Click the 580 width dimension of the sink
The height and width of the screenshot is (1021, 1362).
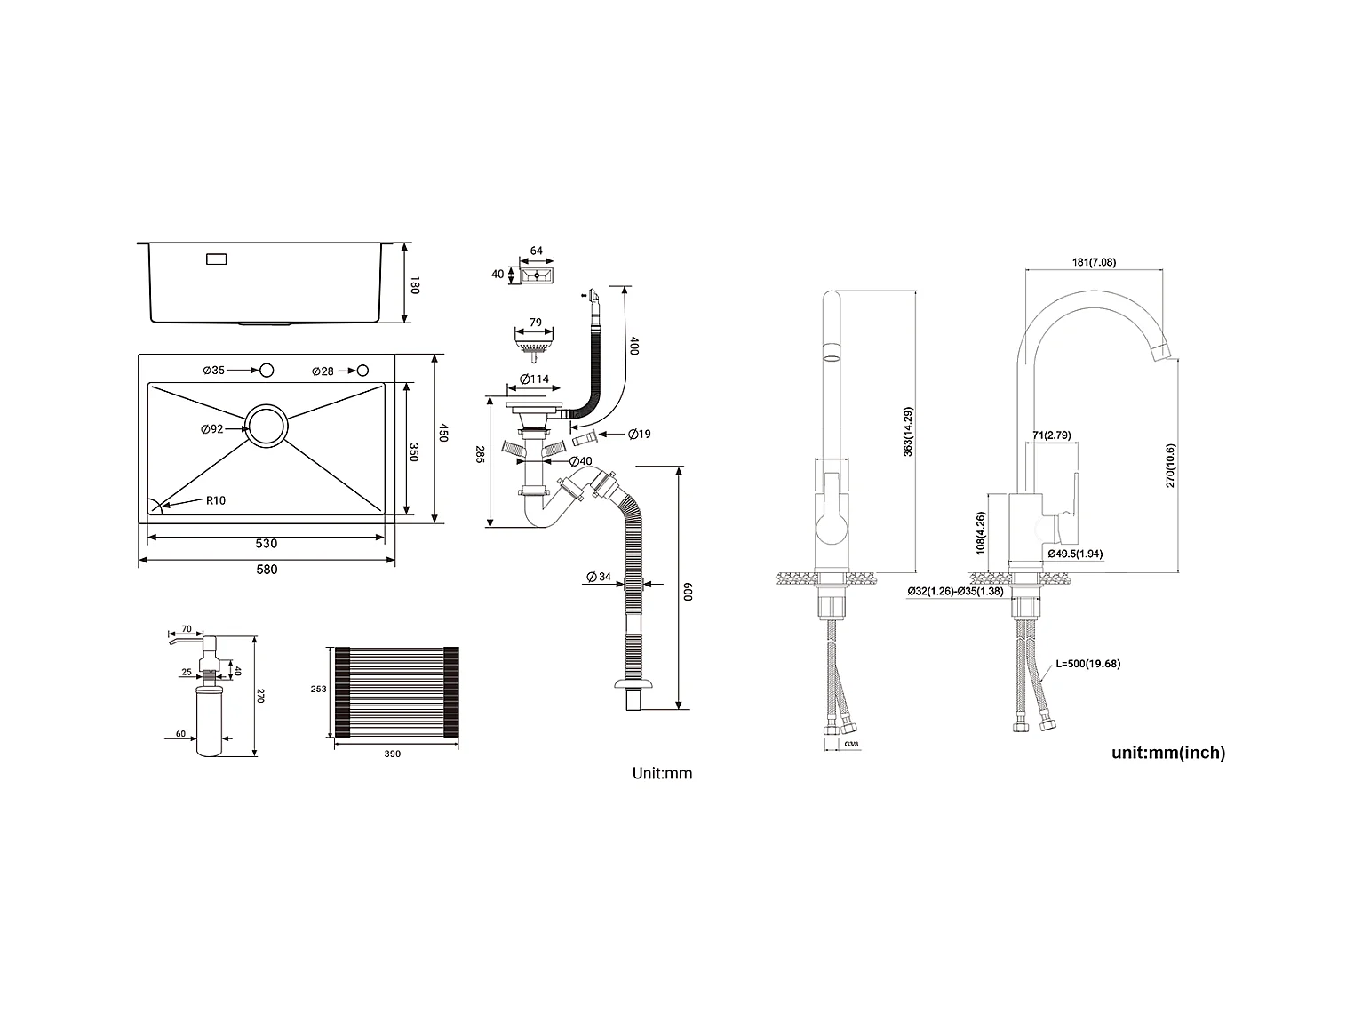point(267,570)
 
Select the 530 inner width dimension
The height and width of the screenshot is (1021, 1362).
point(267,544)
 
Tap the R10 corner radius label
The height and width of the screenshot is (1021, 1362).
point(216,500)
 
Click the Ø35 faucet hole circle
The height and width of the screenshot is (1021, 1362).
point(267,371)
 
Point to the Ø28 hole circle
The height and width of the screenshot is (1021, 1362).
point(363,371)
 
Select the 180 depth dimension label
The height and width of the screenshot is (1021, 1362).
point(415,285)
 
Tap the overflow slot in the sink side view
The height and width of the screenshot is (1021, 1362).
point(216,259)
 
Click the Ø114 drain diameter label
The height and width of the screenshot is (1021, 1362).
point(534,379)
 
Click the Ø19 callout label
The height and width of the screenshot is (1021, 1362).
point(639,434)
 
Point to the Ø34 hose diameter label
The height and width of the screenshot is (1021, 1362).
point(599,577)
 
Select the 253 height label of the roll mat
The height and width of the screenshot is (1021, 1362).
point(318,689)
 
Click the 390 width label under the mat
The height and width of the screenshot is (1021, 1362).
point(392,754)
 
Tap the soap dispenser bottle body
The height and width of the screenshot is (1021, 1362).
point(209,721)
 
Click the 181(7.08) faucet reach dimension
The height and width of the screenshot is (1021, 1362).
point(1094,262)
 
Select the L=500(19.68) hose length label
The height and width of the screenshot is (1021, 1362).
point(1088,664)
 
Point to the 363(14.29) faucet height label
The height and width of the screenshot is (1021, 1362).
point(908,432)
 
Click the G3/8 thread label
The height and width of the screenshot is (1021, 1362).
point(851,744)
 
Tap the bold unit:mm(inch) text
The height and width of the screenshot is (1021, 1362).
point(1168,753)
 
